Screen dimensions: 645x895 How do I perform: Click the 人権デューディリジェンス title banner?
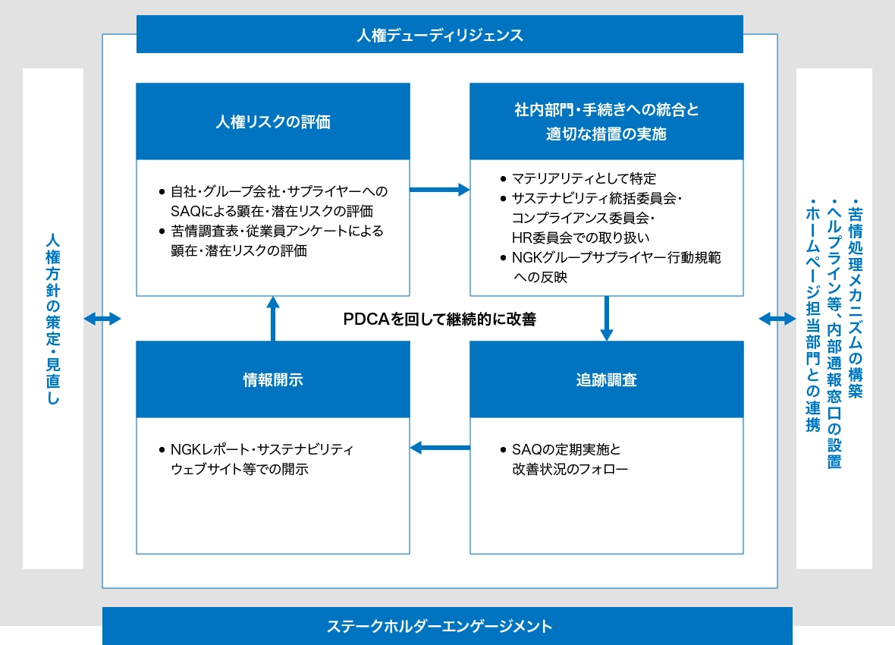coord(439,35)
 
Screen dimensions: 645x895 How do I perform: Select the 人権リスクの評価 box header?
coord(273,121)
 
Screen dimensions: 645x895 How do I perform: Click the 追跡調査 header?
coord(606,379)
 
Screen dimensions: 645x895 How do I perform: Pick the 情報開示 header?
coord(273,379)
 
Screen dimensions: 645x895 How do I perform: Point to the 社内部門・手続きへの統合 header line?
coord(606,110)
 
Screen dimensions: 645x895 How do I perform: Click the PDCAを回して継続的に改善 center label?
coord(440,319)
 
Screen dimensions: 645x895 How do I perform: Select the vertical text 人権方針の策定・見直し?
coord(52,319)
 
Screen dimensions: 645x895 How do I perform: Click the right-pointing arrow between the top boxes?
coord(440,190)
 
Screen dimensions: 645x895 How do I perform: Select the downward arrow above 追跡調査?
coord(606,318)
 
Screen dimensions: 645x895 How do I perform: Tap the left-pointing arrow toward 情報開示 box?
coord(440,448)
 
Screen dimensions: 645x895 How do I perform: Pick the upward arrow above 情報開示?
coord(273,318)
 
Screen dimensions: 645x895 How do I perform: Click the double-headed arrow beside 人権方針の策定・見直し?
coord(102,319)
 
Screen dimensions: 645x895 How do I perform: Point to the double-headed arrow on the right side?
coord(777,319)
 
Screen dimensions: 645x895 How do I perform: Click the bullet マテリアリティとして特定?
coord(583,179)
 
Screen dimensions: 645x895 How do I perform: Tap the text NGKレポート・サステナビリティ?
coord(262,449)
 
